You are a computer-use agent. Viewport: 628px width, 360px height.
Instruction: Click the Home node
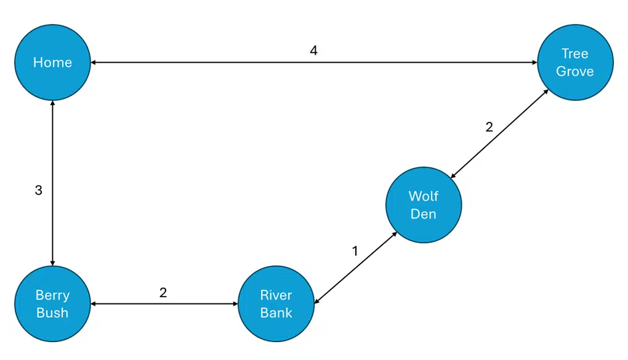(52, 62)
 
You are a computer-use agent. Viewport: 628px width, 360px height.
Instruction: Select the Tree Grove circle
(574, 62)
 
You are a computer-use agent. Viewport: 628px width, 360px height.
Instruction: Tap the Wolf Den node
(423, 205)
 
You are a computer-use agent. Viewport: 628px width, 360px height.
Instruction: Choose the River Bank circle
(276, 303)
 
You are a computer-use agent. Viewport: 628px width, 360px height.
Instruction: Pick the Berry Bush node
(52, 303)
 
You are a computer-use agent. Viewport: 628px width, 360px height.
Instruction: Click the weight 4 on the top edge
(313, 50)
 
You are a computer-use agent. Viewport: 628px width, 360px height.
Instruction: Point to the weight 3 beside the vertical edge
(38, 190)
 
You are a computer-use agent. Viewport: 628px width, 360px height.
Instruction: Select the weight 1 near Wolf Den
(355, 250)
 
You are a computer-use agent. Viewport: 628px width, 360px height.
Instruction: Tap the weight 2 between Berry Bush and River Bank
(163, 292)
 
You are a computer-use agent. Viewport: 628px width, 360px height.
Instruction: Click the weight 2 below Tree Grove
(489, 127)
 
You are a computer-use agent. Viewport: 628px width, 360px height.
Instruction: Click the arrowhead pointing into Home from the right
(94, 62)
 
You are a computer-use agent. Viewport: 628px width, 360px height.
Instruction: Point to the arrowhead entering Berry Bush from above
(52, 262)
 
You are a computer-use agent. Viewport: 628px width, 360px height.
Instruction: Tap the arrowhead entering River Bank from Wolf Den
(318, 301)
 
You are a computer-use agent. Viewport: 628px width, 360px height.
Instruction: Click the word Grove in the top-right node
(574, 71)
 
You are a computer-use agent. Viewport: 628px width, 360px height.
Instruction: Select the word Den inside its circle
(423, 214)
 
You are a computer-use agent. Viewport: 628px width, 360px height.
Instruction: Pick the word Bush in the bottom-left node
(52, 313)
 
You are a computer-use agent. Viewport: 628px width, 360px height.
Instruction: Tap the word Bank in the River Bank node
(276, 313)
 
